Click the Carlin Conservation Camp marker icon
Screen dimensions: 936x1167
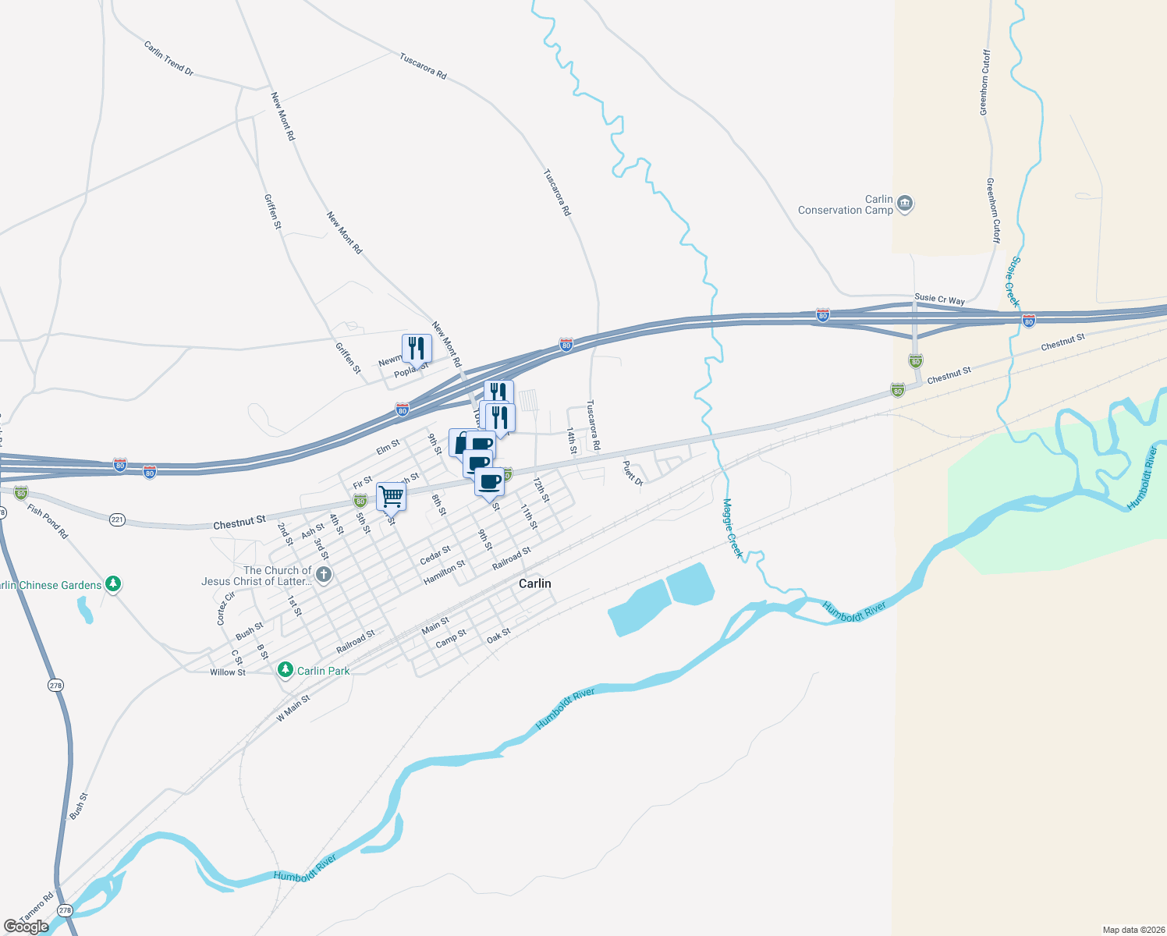(905, 204)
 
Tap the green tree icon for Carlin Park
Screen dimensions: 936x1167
(286, 670)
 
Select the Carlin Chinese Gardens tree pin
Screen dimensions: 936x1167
(113, 583)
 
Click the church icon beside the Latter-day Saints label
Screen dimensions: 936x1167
(324, 576)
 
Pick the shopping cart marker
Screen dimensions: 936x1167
(391, 496)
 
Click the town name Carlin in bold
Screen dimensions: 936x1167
(534, 583)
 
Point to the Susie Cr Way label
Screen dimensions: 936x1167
(939, 300)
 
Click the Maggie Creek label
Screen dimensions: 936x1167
(732, 528)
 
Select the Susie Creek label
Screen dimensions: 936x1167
(1011, 282)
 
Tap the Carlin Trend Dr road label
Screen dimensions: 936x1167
(168, 58)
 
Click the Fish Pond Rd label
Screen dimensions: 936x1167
(48, 521)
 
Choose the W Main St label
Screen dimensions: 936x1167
(293, 708)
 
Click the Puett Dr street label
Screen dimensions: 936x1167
(632, 473)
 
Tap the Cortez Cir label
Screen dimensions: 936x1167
(225, 608)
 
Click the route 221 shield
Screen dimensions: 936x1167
(117, 519)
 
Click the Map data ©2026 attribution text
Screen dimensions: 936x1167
(1132, 930)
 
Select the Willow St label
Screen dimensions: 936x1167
(227, 672)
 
